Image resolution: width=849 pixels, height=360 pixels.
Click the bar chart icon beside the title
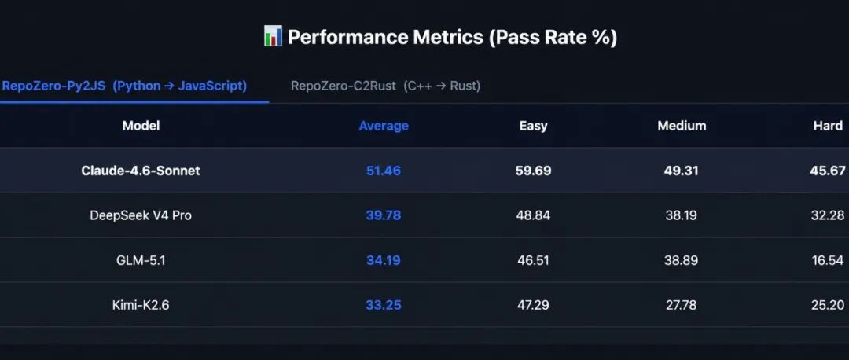273,37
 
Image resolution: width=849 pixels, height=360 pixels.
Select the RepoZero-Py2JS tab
124,86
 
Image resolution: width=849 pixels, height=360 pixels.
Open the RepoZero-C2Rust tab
385,86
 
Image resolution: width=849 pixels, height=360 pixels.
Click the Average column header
384,126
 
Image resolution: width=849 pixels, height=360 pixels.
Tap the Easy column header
533,126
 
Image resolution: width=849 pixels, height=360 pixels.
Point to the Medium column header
682,126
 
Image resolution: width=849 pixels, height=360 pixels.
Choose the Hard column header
828,126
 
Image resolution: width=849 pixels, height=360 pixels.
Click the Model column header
141,126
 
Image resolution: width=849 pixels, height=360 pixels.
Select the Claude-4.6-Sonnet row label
141,171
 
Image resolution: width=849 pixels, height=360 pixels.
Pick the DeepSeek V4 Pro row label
141,215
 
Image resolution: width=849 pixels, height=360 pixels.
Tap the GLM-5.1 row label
141,260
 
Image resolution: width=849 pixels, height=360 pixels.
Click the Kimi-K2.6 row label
141,305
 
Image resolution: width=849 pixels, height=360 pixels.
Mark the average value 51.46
384,171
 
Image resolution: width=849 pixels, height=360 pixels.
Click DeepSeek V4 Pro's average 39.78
384,215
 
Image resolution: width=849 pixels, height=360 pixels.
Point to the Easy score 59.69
533,171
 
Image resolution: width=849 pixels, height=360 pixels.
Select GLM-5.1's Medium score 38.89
681,260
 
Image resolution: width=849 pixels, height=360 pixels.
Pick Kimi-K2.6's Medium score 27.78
681,305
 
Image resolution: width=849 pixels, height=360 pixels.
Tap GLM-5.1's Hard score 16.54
828,260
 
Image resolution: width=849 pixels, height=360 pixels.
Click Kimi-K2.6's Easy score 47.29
533,305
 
